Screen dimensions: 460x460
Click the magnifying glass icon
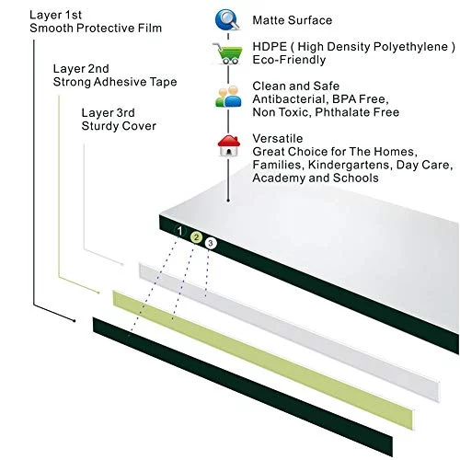pos(227,20)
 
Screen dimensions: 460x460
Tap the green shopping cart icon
pos(228,53)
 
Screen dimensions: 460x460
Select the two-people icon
pos(228,97)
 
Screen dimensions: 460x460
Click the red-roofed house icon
pos(228,145)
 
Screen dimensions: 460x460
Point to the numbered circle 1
pos(180,231)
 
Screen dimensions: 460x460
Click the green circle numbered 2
pos(196,237)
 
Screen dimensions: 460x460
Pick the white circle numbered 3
pos(211,243)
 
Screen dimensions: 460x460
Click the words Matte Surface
pos(293,20)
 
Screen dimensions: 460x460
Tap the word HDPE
pos(270,47)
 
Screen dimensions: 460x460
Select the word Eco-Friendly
pos(289,60)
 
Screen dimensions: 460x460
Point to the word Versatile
pos(278,138)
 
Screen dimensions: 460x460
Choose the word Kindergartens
pos(350,165)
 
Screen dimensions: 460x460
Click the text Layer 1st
pos(55,15)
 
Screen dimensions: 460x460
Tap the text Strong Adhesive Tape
pos(115,82)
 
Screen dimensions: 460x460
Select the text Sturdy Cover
pos(119,126)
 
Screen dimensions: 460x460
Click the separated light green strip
pos(264,360)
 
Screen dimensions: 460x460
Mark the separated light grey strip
pos(290,332)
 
